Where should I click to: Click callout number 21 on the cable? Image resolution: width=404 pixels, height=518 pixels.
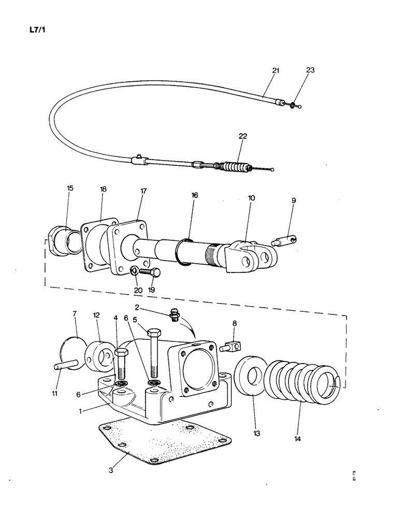[275, 71]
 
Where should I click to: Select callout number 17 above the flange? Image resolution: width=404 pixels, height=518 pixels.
[143, 191]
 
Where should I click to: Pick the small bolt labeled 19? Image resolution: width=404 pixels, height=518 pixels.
[150, 271]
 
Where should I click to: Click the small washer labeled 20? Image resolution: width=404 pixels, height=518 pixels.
[134, 270]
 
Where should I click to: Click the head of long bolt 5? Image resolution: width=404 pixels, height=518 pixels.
[153, 333]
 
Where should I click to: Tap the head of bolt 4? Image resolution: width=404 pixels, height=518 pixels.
[120, 354]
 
